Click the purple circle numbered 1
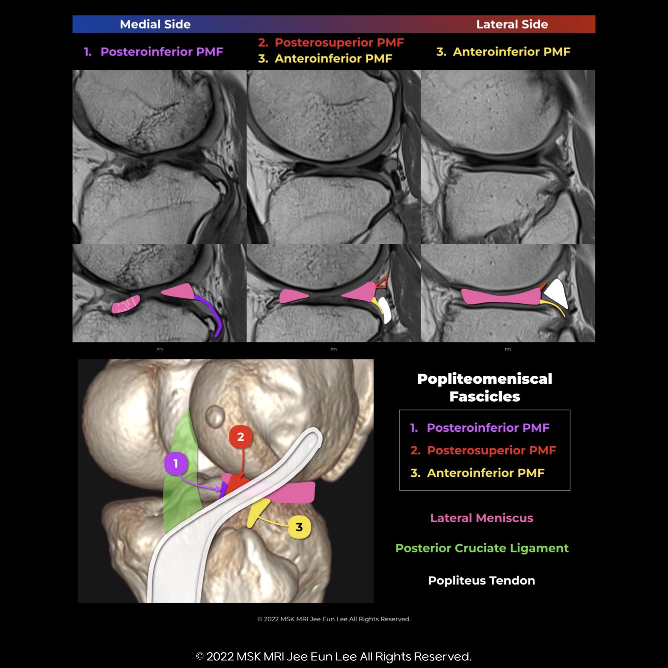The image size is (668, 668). tap(176, 463)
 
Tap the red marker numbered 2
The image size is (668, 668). tap(240, 437)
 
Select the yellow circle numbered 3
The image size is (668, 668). tap(299, 527)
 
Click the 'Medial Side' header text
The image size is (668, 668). tap(155, 24)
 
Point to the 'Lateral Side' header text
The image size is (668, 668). tap(512, 24)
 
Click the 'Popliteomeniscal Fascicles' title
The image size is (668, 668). tap(484, 387)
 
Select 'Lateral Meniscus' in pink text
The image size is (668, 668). tap(481, 518)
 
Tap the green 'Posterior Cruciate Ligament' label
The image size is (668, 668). tap(482, 548)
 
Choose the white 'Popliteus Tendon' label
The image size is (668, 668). tap(481, 581)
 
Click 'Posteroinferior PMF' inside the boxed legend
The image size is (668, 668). tap(488, 428)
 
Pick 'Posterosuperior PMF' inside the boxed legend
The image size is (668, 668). tap(491, 450)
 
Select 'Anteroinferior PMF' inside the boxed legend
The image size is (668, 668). tap(485, 473)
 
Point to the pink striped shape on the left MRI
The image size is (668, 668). tap(125, 304)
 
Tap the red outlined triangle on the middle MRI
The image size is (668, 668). tap(382, 282)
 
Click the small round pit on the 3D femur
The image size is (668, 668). tap(215, 416)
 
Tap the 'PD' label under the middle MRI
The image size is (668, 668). tap(334, 349)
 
